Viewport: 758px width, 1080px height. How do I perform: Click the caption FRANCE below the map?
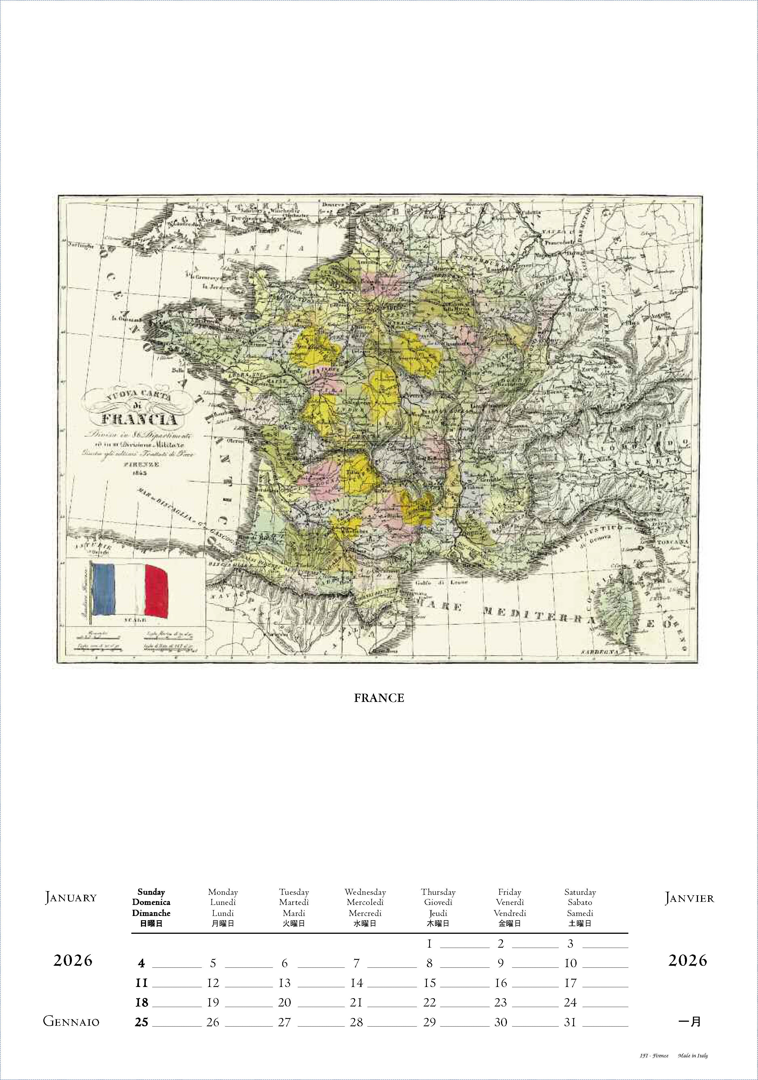[x=379, y=698]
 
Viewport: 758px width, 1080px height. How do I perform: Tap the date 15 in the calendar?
[x=429, y=983]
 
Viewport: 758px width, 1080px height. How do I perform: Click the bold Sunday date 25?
[x=142, y=1022]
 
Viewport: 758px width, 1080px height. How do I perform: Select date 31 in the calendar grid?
[x=570, y=1022]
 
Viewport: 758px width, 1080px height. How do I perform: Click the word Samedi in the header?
[x=580, y=913]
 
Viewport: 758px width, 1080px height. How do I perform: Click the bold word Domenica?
[x=151, y=902]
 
